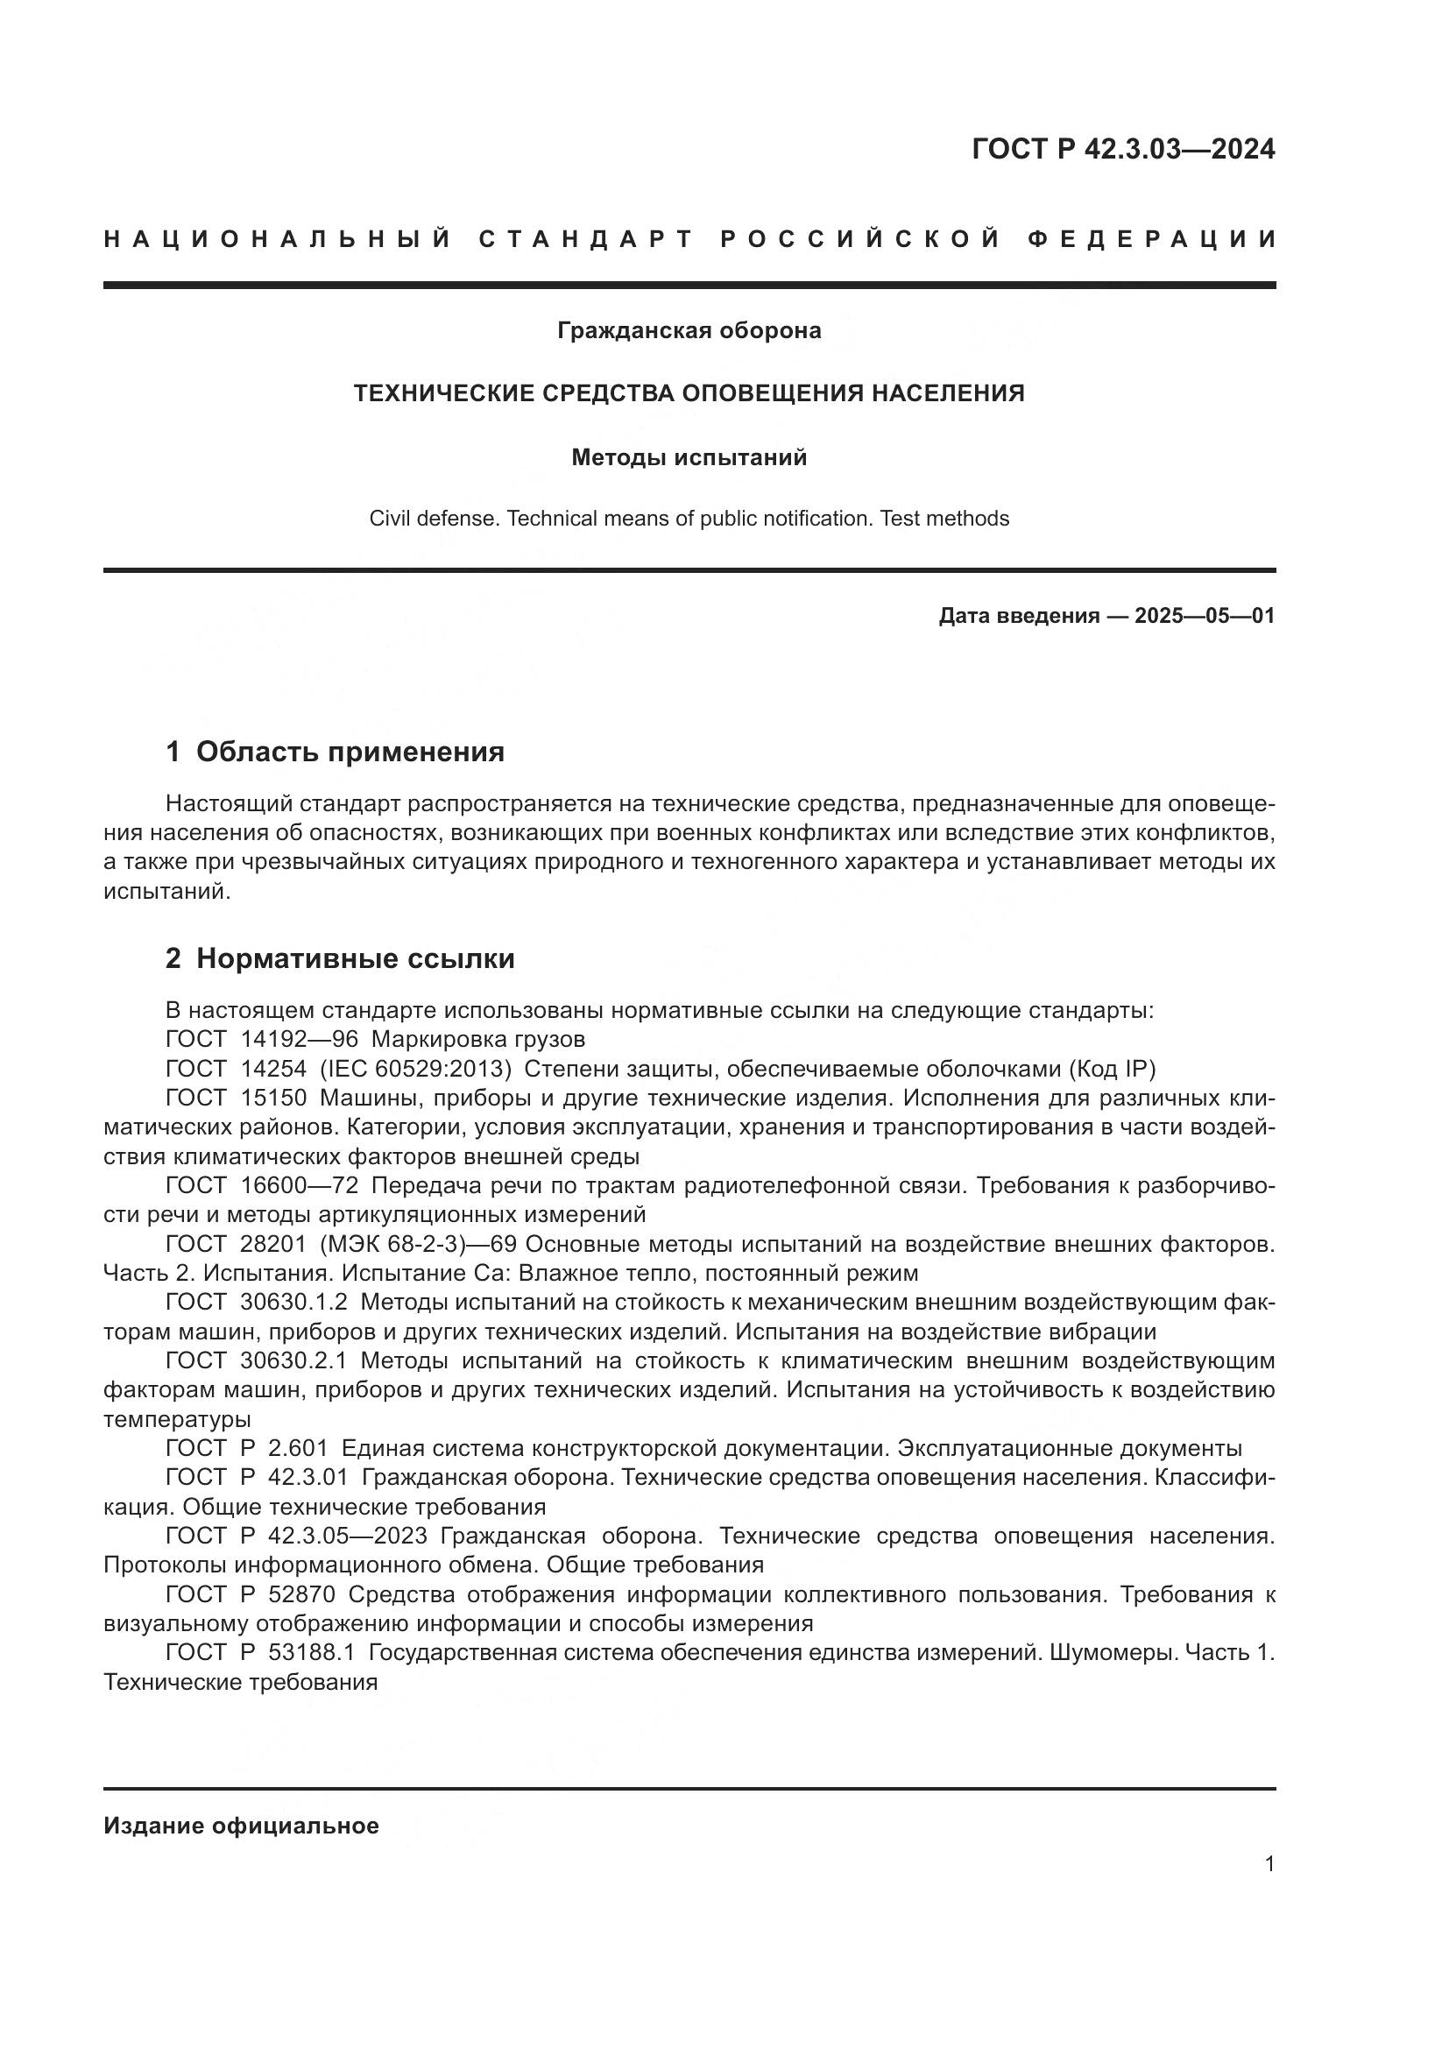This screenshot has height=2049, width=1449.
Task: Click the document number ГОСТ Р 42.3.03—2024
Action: point(1122,149)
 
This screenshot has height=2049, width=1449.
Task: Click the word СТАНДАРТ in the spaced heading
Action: point(586,239)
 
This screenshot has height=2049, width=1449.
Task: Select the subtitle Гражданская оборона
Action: point(689,331)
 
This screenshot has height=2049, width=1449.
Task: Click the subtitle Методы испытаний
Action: point(689,458)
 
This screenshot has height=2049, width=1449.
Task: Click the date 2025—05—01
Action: point(1204,616)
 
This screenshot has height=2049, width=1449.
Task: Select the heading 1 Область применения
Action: point(335,752)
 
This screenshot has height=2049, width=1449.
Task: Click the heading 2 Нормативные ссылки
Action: point(340,958)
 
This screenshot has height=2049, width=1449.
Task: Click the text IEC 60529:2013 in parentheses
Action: point(416,1069)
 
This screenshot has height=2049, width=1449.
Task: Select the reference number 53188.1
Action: point(310,1653)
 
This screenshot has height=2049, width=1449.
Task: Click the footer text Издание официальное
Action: point(241,1826)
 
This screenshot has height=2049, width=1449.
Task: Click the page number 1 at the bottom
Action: point(1269,1864)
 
